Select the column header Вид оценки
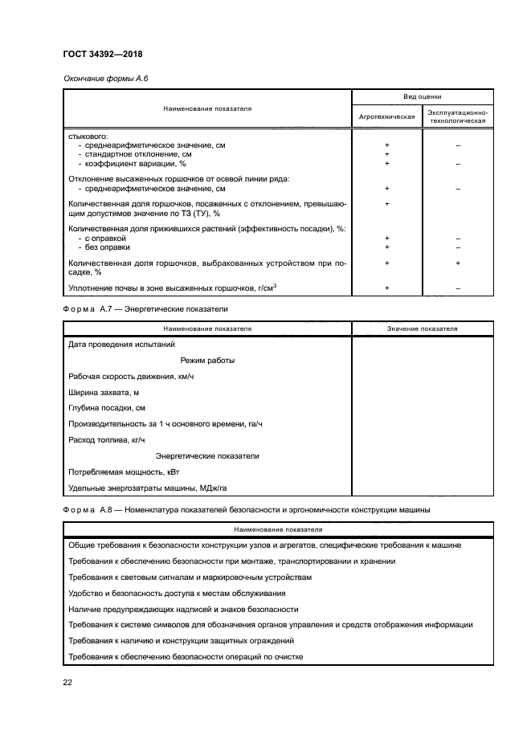(422, 96)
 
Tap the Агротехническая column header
(386, 116)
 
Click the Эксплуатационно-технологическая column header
(457, 116)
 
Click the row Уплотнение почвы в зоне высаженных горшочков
(173, 288)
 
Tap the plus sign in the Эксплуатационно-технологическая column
(457, 263)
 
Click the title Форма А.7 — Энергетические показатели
(145, 308)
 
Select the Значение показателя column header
(422, 329)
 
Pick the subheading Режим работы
(207, 361)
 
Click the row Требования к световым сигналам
(190, 577)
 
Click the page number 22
(67, 682)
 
